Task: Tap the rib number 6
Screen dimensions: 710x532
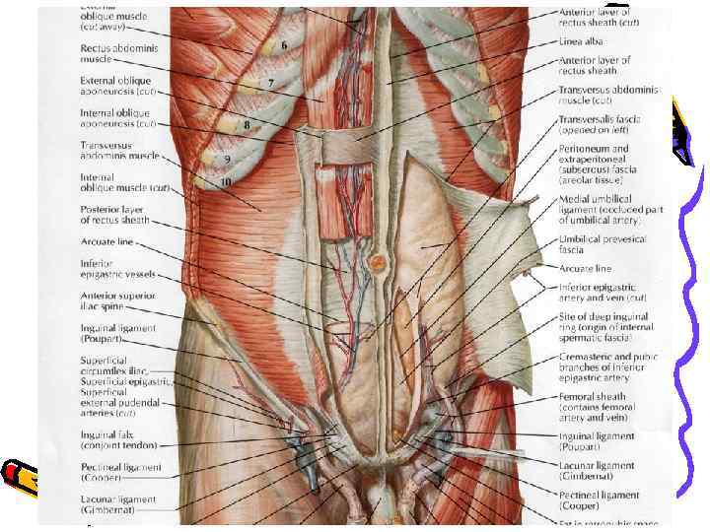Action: click(284, 46)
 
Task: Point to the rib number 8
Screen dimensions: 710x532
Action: click(247, 125)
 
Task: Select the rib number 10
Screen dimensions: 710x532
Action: click(226, 181)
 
